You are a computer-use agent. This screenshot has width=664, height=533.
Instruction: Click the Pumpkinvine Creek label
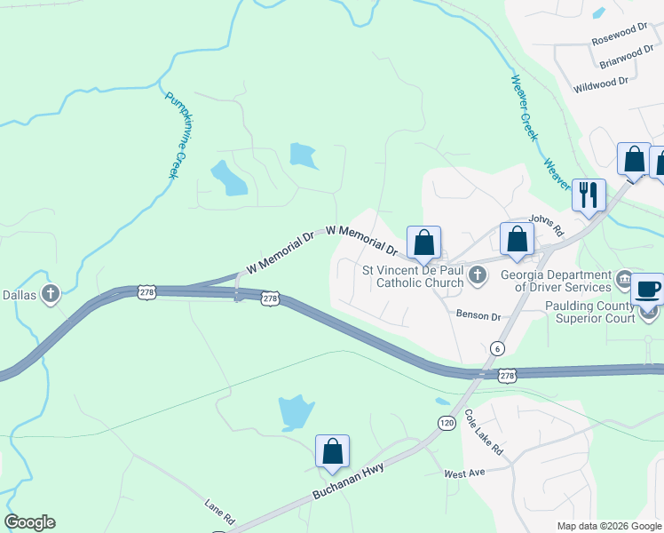click(x=178, y=133)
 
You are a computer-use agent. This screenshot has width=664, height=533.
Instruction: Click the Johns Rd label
click(x=547, y=223)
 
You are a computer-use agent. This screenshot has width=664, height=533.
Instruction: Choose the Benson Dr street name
click(x=478, y=314)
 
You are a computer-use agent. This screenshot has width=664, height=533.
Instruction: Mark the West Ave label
click(x=465, y=473)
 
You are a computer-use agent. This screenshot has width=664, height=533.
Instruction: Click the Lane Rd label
click(x=218, y=514)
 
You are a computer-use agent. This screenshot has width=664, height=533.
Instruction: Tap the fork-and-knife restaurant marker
click(x=588, y=194)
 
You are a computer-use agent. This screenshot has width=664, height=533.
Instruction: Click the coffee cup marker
click(x=647, y=288)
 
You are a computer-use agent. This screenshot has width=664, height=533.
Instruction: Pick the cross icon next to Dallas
click(x=51, y=293)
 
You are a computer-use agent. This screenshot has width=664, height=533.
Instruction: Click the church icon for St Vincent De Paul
click(x=478, y=276)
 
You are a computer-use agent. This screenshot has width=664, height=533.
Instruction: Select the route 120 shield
click(x=445, y=424)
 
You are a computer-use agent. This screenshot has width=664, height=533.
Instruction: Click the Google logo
click(x=30, y=523)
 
